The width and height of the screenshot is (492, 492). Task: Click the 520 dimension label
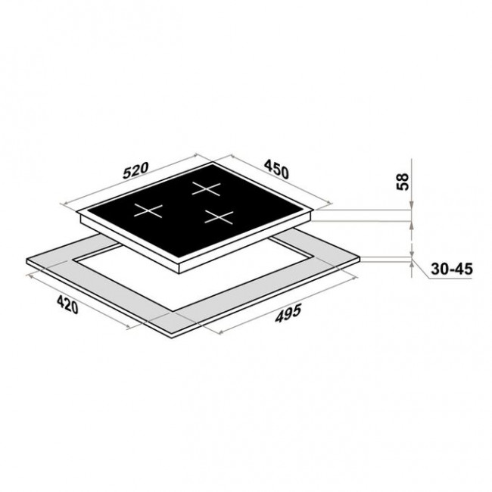[x=135, y=170]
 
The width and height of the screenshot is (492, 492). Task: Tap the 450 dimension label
[x=276, y=169]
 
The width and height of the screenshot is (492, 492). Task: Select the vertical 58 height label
[x=403, y=182]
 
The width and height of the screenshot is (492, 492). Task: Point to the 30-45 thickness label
[x=452, y=269]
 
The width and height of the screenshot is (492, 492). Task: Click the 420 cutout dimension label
[x=67, y=304]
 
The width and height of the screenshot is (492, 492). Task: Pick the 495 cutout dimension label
[x=288, y=313]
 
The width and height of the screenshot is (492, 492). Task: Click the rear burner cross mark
[x=206, y=188]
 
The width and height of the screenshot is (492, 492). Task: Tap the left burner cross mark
[x=148, y=210]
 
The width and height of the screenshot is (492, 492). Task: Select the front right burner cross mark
[x=219, y=217]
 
